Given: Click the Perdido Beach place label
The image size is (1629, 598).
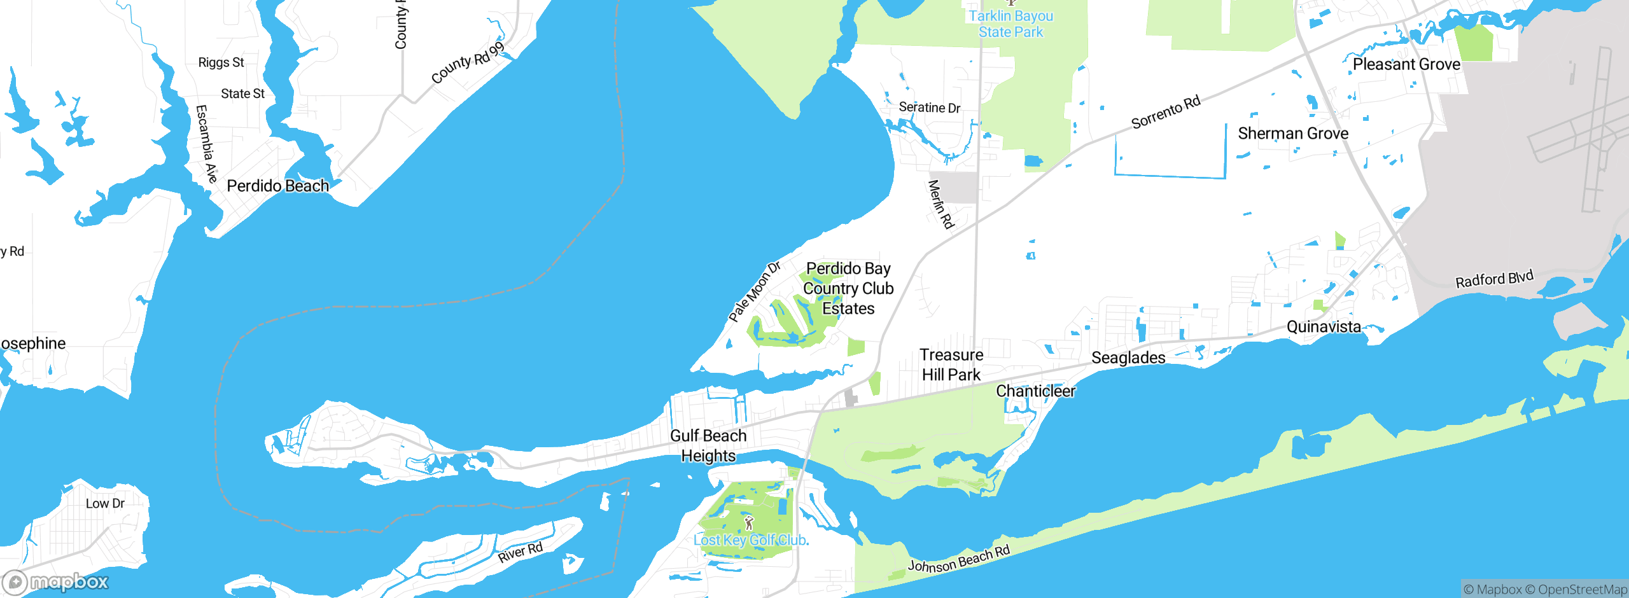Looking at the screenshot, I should (277, 186).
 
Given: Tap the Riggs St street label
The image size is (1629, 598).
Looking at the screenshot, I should (221, 62).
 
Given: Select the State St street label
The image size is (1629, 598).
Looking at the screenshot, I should (242, 94).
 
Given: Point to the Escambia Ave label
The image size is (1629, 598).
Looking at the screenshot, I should (206, 144).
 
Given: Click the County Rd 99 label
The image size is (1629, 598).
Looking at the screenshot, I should (468, 63).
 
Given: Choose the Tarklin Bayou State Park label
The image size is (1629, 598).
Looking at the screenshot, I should (1010, 24).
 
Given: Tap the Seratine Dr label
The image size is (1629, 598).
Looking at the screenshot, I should (929, 108).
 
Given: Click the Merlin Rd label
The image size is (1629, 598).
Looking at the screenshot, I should (941, 204).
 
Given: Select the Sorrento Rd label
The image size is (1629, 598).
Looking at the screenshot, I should (1166, 112).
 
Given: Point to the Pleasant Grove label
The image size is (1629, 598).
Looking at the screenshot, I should (1406, 64).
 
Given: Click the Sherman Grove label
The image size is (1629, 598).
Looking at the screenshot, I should (1293, 134).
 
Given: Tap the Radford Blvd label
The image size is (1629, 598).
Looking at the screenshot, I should (1494, 279).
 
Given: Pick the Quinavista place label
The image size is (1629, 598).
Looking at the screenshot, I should (1324, 327).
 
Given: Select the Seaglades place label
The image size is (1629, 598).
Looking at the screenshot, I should (1128, 358).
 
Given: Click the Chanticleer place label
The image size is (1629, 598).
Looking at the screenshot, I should (1035, 391).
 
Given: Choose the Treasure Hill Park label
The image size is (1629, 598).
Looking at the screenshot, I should (951, 365).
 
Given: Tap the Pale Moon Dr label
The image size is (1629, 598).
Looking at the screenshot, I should (755, 291).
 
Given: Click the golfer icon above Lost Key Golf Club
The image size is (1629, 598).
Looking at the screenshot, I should (749, 523).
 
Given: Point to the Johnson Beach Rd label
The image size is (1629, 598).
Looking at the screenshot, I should (958, 559).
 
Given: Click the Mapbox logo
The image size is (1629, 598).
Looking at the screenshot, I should (56, 582).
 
